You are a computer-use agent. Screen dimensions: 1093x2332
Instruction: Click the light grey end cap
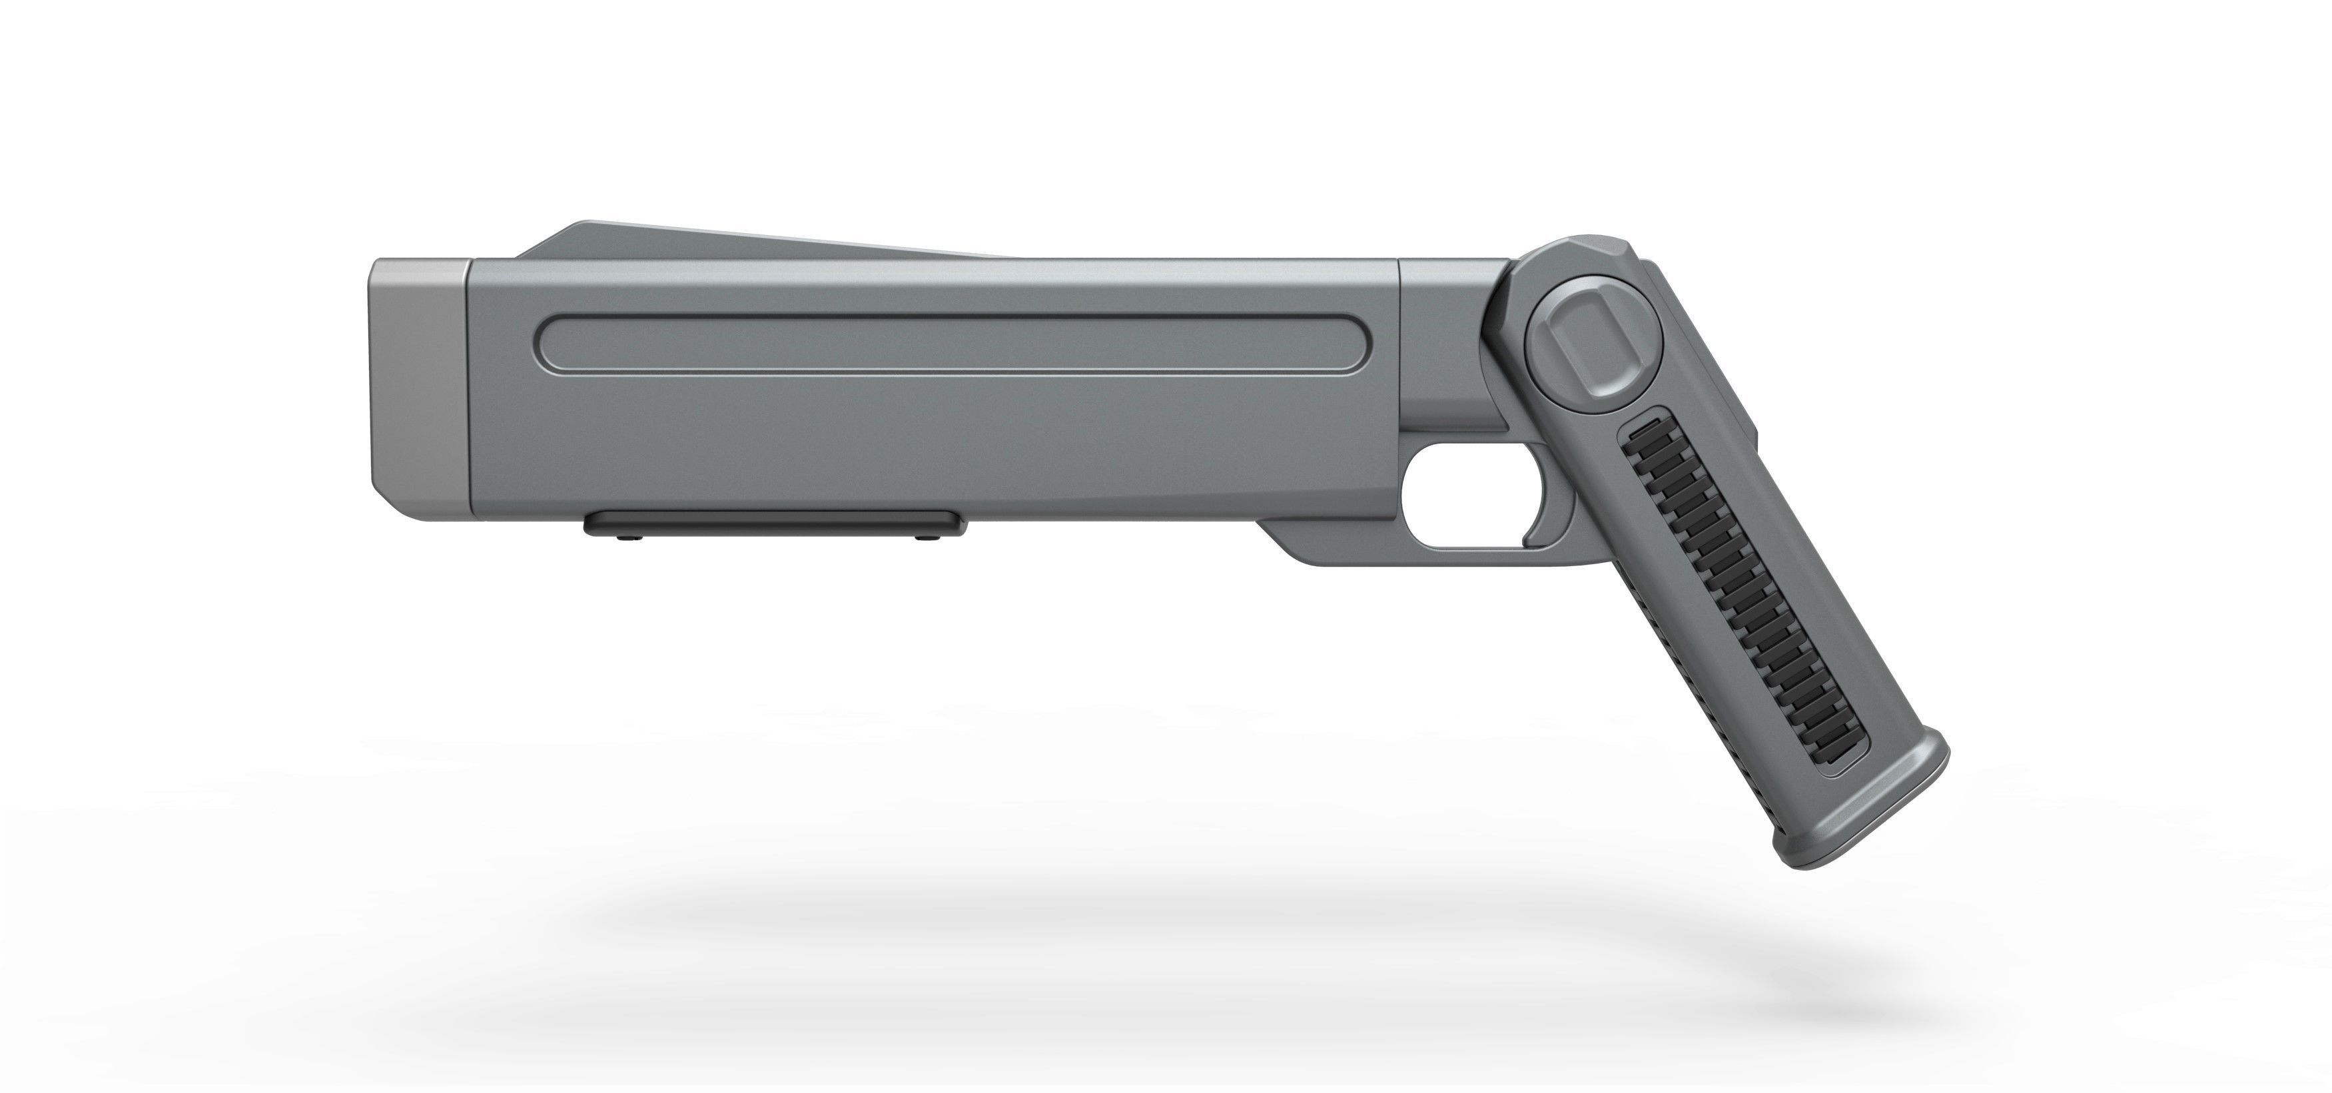pos(418,390)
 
